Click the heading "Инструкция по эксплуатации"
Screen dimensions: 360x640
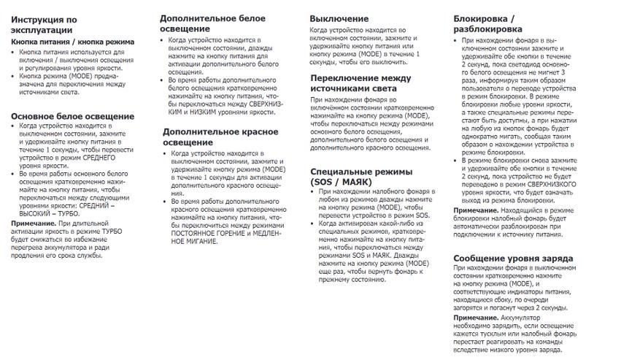(x=43, y=24)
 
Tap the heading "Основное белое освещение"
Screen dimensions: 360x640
(x=63, y=116)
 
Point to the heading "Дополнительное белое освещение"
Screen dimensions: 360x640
(x=212, y=23)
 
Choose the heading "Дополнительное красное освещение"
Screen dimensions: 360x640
(x=220, y=137)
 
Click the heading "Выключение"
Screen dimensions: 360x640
(x=339, y=18)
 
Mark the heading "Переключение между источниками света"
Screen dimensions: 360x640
(x=361, y=83)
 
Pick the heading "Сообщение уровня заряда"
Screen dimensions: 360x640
(x=512, y=258)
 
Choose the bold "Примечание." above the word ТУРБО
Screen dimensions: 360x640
(x=33, y=223)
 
